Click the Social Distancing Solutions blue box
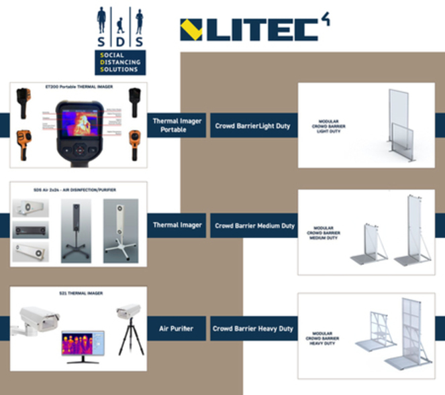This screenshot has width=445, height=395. [120, 61]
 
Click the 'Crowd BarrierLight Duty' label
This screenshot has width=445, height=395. [252, 125]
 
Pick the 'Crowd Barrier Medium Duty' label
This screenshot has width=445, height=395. [253, 225]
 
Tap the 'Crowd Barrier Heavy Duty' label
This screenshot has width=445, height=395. [252, 329]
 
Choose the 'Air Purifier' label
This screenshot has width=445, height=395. [176, 329]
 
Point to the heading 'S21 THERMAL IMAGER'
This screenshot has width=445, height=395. [79, 293]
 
